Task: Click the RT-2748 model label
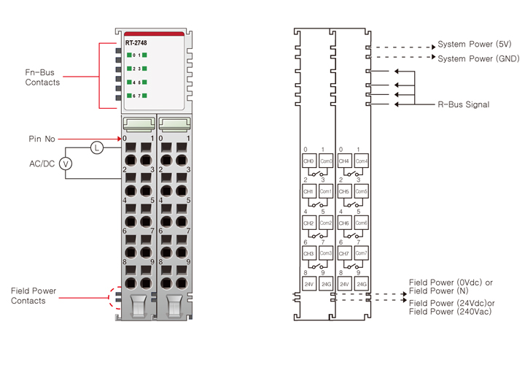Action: point(136,43)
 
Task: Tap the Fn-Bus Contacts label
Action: point(42,77)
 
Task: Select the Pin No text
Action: point(42,139)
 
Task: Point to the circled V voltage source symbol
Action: point(65,164)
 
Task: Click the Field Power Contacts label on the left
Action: point(34,296)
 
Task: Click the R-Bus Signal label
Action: point(463,104)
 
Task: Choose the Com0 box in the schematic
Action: point(325,161)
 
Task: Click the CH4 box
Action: point(344,161)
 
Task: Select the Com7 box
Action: point(362,253)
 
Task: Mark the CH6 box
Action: point(344,222)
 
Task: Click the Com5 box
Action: point(362,191)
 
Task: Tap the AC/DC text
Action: point(42,164)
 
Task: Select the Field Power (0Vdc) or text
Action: point(451,283)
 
